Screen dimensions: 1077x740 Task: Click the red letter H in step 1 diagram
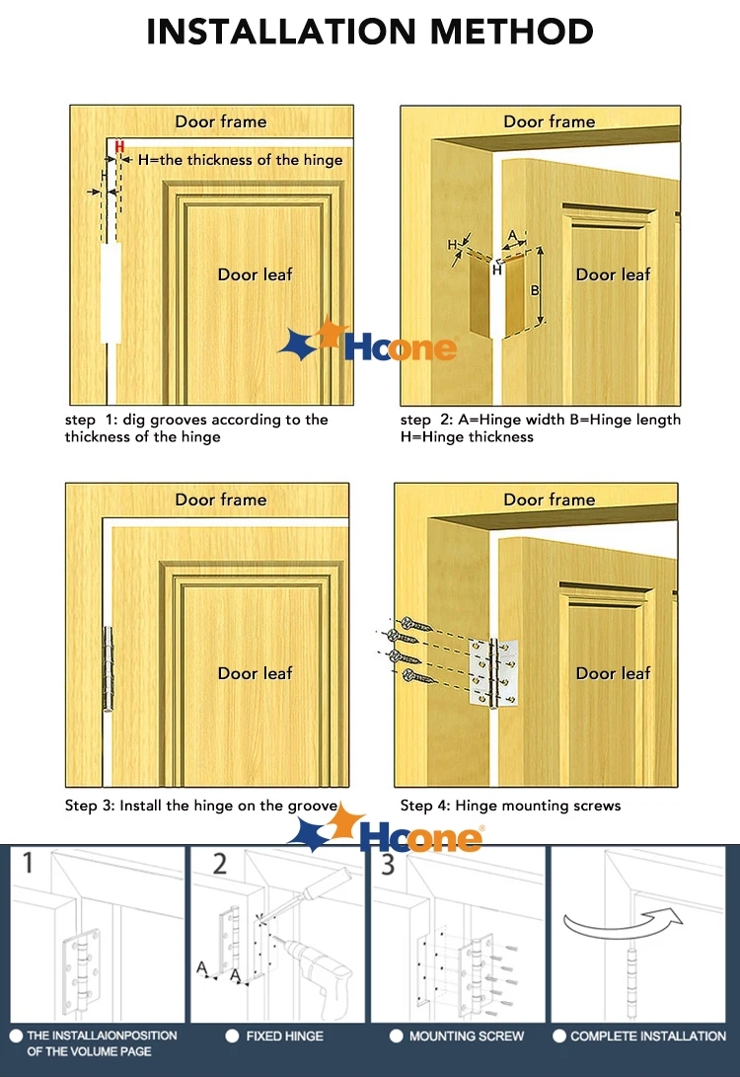[119, 147]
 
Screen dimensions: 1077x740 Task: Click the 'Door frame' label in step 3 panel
[221, 500]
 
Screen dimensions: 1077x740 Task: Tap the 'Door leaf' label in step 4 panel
[613, 673]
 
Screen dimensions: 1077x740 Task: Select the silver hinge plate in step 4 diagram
[492, 668]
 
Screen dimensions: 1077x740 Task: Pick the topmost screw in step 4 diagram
[410, 616]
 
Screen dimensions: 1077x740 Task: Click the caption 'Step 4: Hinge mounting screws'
[510, 806]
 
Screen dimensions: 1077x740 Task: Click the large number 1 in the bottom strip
[29, 866]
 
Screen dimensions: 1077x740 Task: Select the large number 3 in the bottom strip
[388, 866]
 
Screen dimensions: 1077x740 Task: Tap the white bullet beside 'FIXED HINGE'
[232, 1036]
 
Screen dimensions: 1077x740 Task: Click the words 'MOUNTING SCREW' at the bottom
[467, 1036]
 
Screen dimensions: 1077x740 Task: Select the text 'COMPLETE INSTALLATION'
[647, 1036]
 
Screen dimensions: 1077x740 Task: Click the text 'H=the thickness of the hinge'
[240, 160]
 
